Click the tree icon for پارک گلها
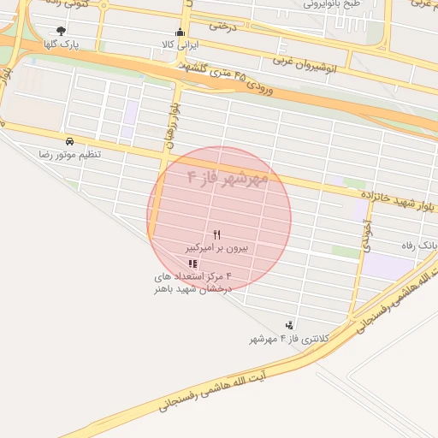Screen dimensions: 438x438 60,31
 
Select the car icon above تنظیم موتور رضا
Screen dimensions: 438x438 69,141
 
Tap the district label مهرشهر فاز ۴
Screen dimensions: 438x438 227,178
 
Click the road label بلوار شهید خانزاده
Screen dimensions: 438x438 394,199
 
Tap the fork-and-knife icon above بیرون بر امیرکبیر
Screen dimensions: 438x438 217,234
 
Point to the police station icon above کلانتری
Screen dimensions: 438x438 290,325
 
